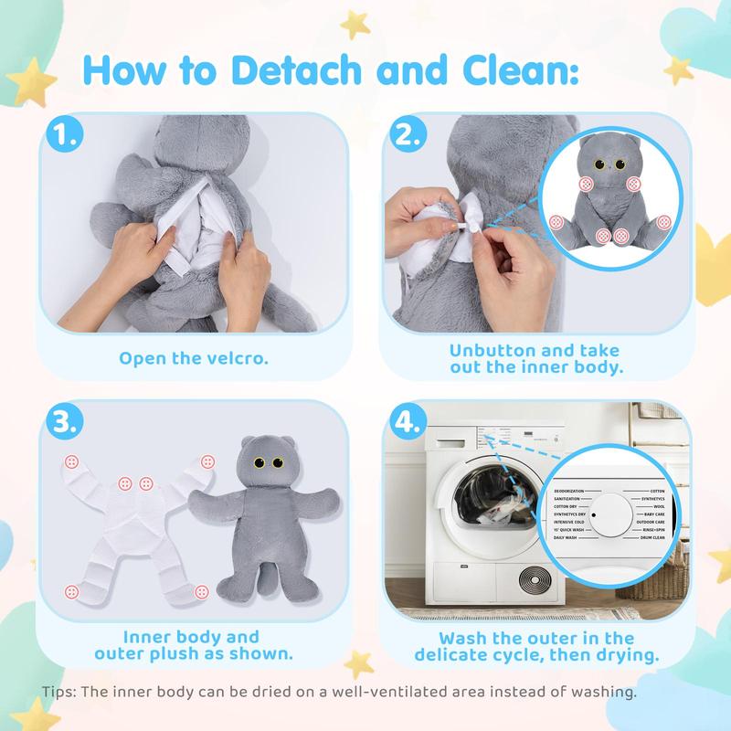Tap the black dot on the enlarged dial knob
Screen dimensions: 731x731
pyautogui.click(x=593, y=514)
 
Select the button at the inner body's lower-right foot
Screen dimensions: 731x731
pyautogui.click(x=198, y=588)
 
